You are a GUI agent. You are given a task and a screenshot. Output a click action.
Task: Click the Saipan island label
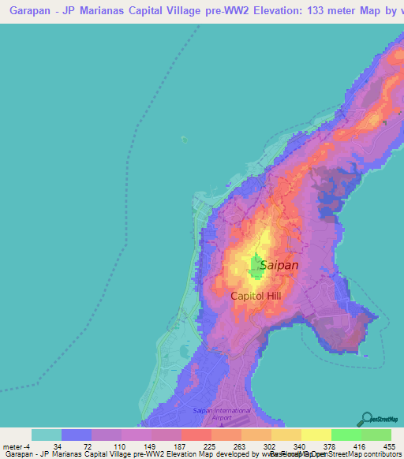pos(279,265)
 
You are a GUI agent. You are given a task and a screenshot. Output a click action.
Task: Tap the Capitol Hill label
pos(256,296)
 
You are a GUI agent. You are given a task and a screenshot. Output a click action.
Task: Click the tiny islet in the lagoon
pos(183,140)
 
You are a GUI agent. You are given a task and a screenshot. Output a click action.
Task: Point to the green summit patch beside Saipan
pos(256,267)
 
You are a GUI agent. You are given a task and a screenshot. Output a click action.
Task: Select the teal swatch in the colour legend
pos(47,435)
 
